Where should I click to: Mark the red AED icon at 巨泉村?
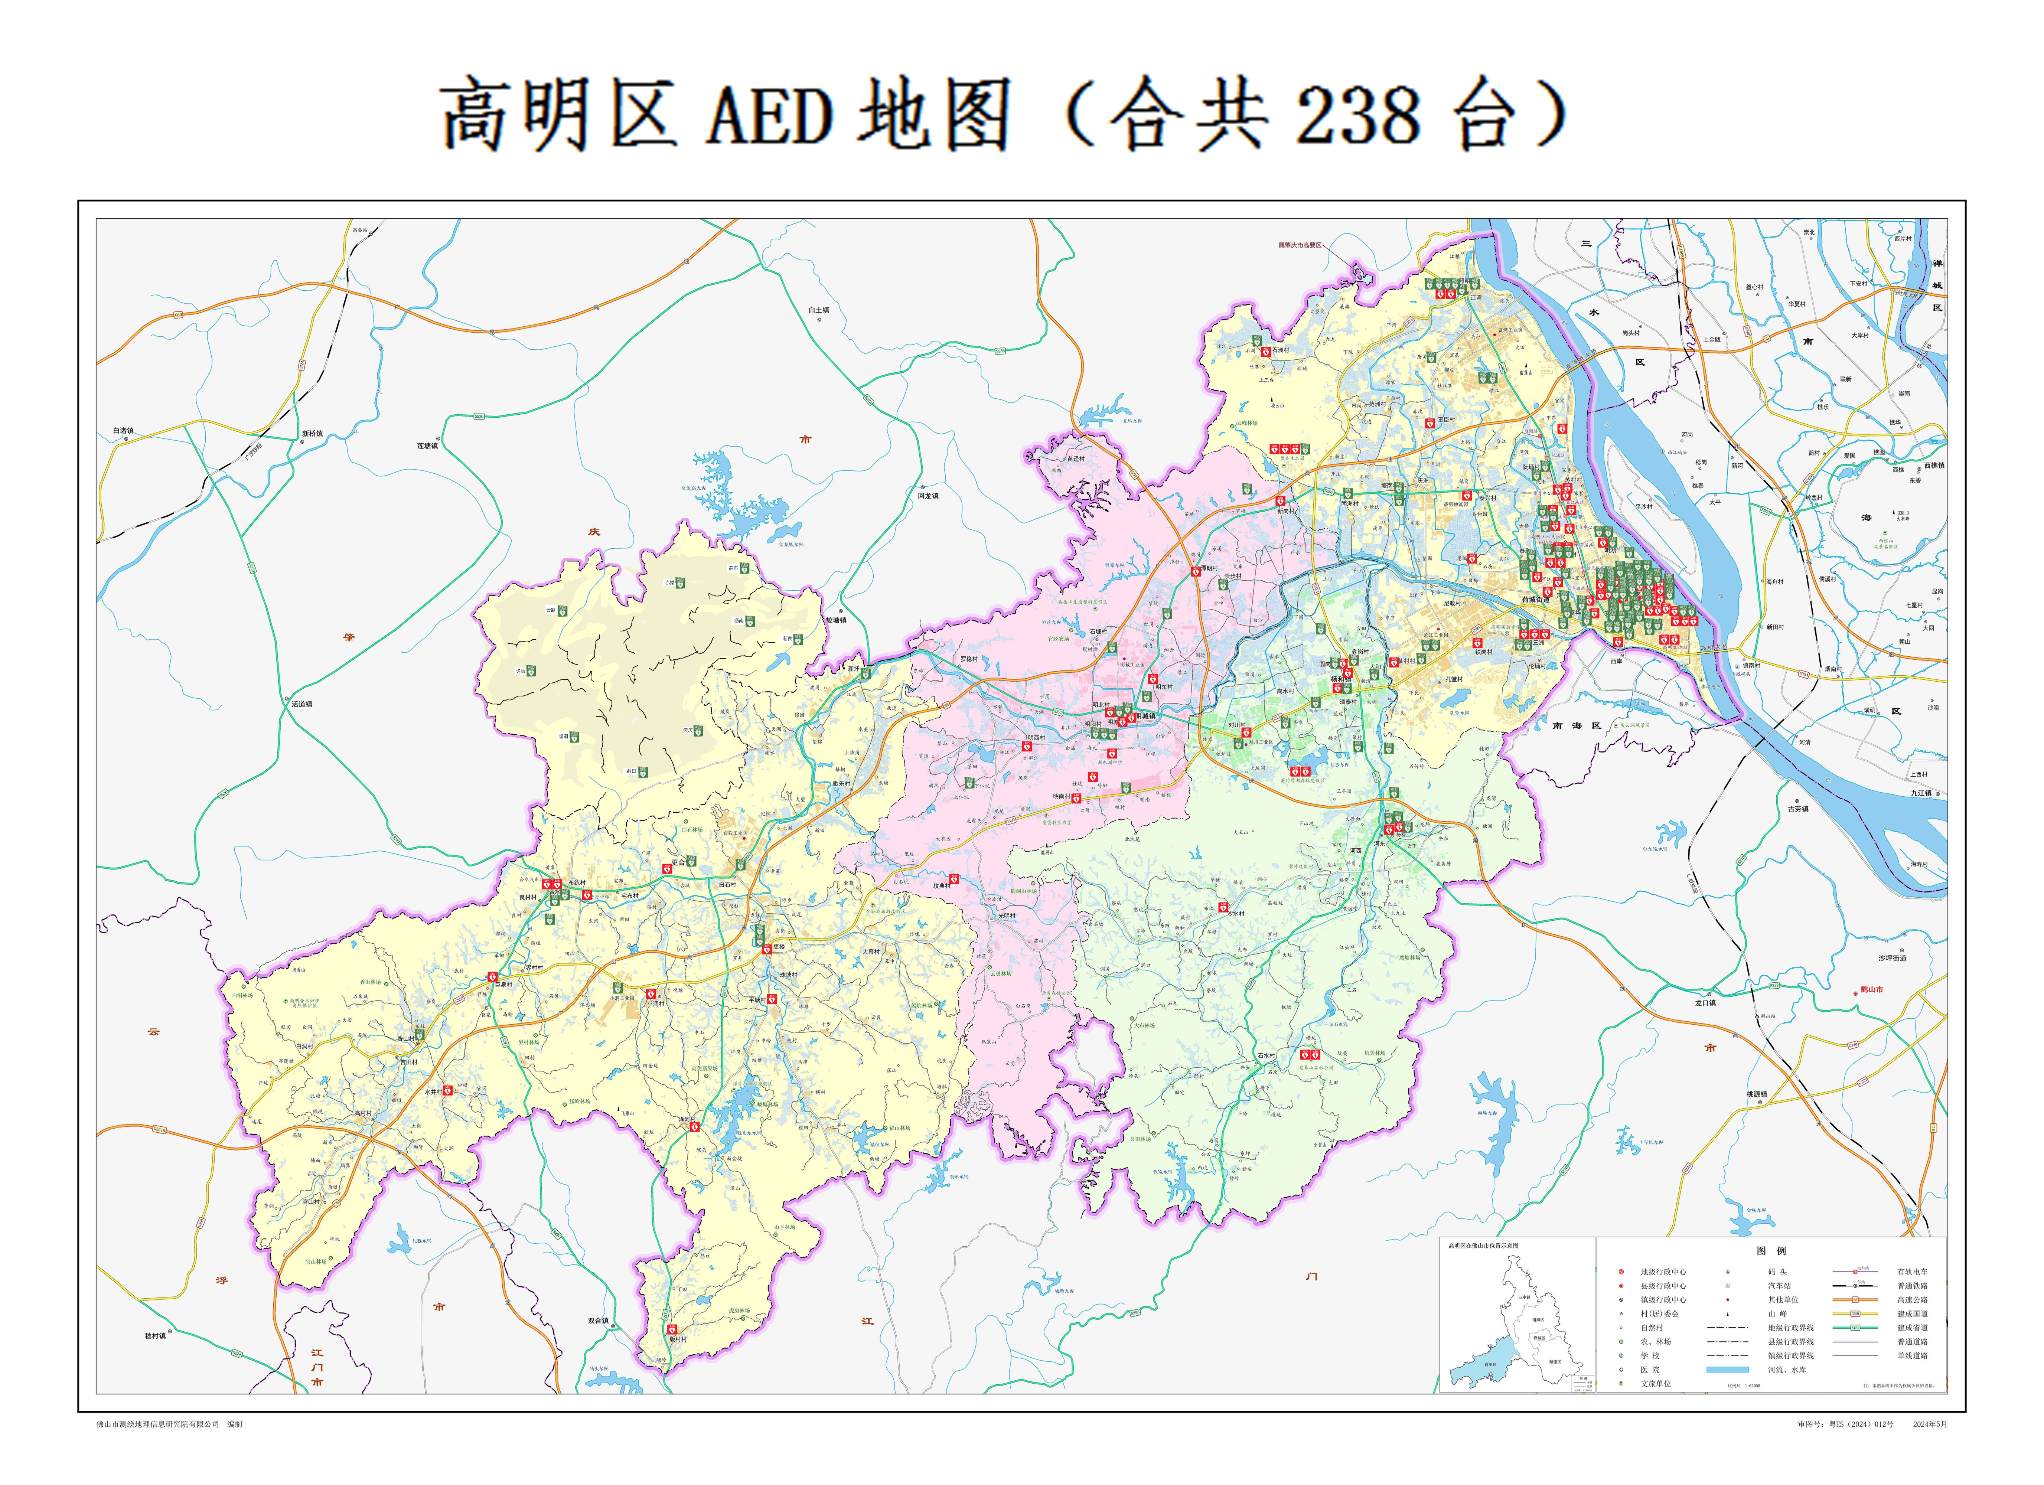(492, 977)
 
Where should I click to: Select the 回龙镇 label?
(928, 496)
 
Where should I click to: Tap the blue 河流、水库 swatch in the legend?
(1727, 1370)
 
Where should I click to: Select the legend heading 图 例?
(1771, 1251)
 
